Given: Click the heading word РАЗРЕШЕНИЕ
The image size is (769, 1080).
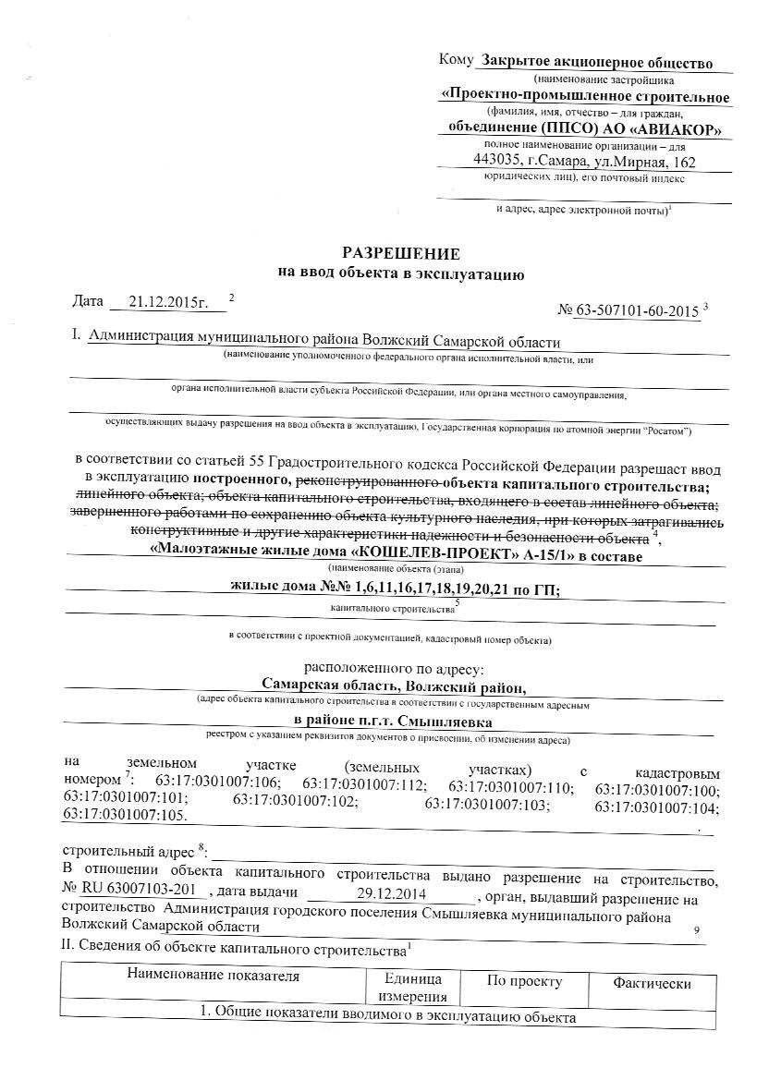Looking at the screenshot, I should [x=400, y=253].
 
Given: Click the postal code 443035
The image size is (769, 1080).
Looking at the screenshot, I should [x=497, y=161].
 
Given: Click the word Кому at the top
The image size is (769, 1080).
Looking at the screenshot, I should [x=457, y=61].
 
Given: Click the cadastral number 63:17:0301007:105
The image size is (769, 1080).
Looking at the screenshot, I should [x=124, y=816].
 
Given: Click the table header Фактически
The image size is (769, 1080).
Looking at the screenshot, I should [x=653, y=984].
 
